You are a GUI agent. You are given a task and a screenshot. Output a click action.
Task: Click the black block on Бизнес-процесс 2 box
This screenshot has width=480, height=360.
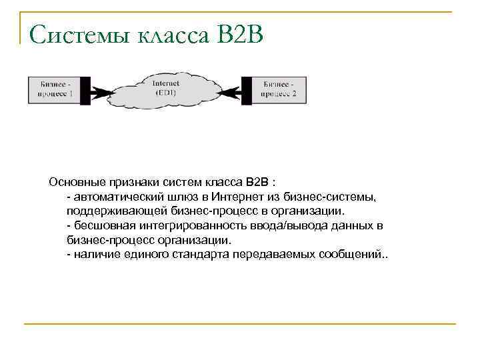[x=247, y=89]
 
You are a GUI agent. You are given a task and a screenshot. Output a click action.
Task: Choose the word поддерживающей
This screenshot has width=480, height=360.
[x=110, y=211]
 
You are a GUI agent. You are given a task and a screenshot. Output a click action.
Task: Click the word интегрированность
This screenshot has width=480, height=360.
[x=189, y=226]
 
